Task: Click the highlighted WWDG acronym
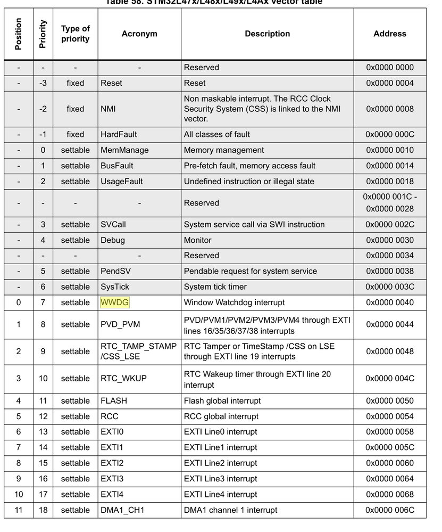(114, 302)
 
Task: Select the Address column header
(389, 34)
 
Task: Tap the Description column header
(267, 34)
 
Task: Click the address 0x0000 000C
(389, 135)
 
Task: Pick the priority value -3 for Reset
(43, 83)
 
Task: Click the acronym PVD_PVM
(120, 324)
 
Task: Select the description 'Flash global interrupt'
(222, 401)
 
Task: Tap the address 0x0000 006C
(389, 510)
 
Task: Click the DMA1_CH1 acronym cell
(122, 510)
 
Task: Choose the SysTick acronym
(115, 287)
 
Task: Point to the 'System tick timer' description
(215, 287)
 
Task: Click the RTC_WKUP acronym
(123, 379)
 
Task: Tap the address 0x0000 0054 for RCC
(389, 416)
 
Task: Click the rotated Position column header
(19, 34)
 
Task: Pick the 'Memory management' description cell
(224, 150)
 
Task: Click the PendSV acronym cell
(115, 271)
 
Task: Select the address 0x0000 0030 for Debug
(389, 240)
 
